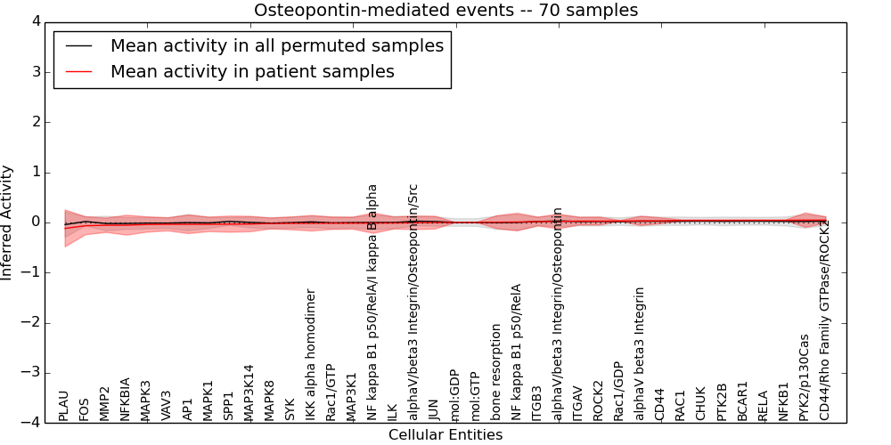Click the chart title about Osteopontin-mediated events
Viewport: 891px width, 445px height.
(x=445, y=11)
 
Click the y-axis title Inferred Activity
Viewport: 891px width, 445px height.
(x=8, y=222)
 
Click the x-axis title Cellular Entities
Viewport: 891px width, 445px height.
(x=445, y=435)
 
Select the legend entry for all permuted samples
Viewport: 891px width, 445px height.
(x=276, y=46)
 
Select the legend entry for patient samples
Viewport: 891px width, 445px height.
(x=252, y=71)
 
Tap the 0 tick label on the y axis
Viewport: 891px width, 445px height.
(x=41, y=222)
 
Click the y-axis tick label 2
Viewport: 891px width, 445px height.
(x=41, y=122)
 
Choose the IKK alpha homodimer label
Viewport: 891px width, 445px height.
(x=311, y=354)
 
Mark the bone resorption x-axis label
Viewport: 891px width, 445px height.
(x=496, y=372)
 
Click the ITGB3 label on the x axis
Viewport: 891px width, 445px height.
(x=537, y=402)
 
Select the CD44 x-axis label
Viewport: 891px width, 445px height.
(x=660, y=404)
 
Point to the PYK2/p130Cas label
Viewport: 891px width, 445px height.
(x=805, y=377)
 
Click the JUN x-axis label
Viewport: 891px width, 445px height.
(x=434, y=408)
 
